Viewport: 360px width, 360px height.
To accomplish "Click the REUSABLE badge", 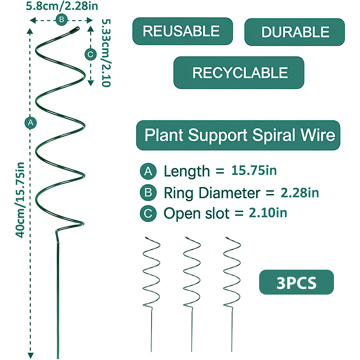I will point(182,31).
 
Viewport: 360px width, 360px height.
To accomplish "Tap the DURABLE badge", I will point(295,32).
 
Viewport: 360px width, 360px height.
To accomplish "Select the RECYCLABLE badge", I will point(239,73).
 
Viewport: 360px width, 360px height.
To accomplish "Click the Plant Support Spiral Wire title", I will point(238,135).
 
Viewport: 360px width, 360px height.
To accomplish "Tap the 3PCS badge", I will point(296,282).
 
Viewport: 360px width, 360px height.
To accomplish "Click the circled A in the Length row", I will point(148,171).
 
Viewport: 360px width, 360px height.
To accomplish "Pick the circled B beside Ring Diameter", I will point(148,192).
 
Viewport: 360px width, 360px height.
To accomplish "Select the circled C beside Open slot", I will point(148,213).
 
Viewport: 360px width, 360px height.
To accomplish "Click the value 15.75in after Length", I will point(254,171).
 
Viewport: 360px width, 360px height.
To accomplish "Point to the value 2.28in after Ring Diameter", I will point(300,192).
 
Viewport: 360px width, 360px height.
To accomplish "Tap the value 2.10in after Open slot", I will point(268,213).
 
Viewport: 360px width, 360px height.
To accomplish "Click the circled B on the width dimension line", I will point(61,20).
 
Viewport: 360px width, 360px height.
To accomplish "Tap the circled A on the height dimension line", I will point(31,123).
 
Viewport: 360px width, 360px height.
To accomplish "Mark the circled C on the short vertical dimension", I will point(90,54).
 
